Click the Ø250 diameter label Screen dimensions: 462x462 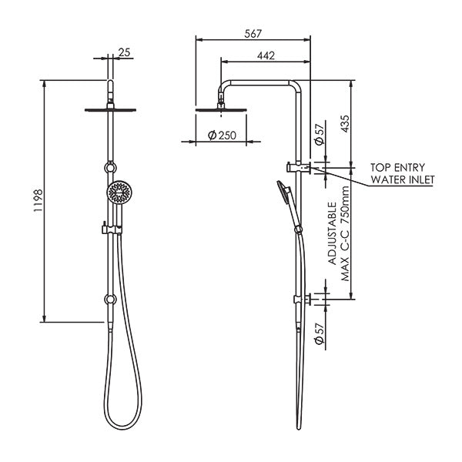[x=222, y=136]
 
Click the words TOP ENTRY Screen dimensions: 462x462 [x=397, y=166]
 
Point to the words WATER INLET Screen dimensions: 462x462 [x=403, y=179]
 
